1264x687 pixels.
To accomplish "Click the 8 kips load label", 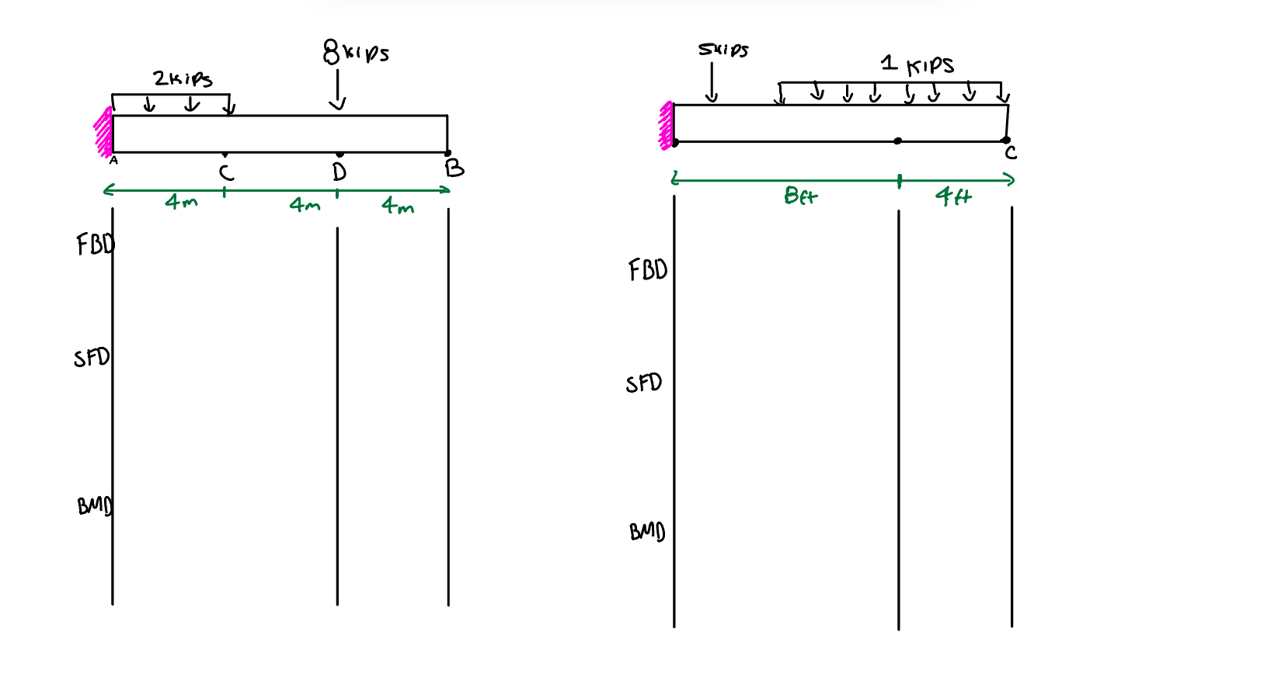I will point(355,52).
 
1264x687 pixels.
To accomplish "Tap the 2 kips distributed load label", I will point(183,78).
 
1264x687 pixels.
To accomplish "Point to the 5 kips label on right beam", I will point(723,50).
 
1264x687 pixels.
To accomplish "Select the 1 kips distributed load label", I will point(918,64).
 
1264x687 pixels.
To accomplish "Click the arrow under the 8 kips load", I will point(337,91).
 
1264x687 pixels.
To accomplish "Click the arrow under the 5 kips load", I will point(712,83).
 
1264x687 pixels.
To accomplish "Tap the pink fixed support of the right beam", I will point(666,125).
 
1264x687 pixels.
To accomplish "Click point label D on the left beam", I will point(340,172).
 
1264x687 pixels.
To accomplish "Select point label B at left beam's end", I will point(454,168).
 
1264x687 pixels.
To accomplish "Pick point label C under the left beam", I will point(226,172).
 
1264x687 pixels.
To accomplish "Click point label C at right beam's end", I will point(1011,153).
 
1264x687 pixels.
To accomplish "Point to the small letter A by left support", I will point(113,161).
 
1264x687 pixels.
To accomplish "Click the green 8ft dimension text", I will point(800,196).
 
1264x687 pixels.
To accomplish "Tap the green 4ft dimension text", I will point(953,196).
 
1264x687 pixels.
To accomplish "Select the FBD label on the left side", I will point(95,245).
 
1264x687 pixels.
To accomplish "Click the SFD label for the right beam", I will point(643,383).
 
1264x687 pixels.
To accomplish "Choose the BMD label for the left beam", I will point(95,506).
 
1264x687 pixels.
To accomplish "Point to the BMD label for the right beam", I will point(646,532).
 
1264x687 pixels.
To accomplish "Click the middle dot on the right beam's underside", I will point(898,141).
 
